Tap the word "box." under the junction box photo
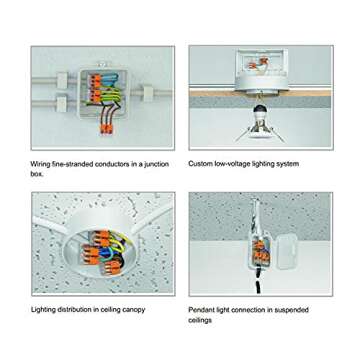click(x=37, y=174)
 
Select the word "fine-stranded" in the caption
click(x=73, y=164)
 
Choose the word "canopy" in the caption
click(x=133, y=310)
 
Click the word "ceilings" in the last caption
click(x=200, y=320)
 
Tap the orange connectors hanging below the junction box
click(x=107, y=129)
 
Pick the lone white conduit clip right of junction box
click(x=148, y=92)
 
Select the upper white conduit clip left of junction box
click(x=62, y=81)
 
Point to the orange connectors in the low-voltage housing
click(x=259, y=63)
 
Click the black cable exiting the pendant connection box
click(x=258, y=283)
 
